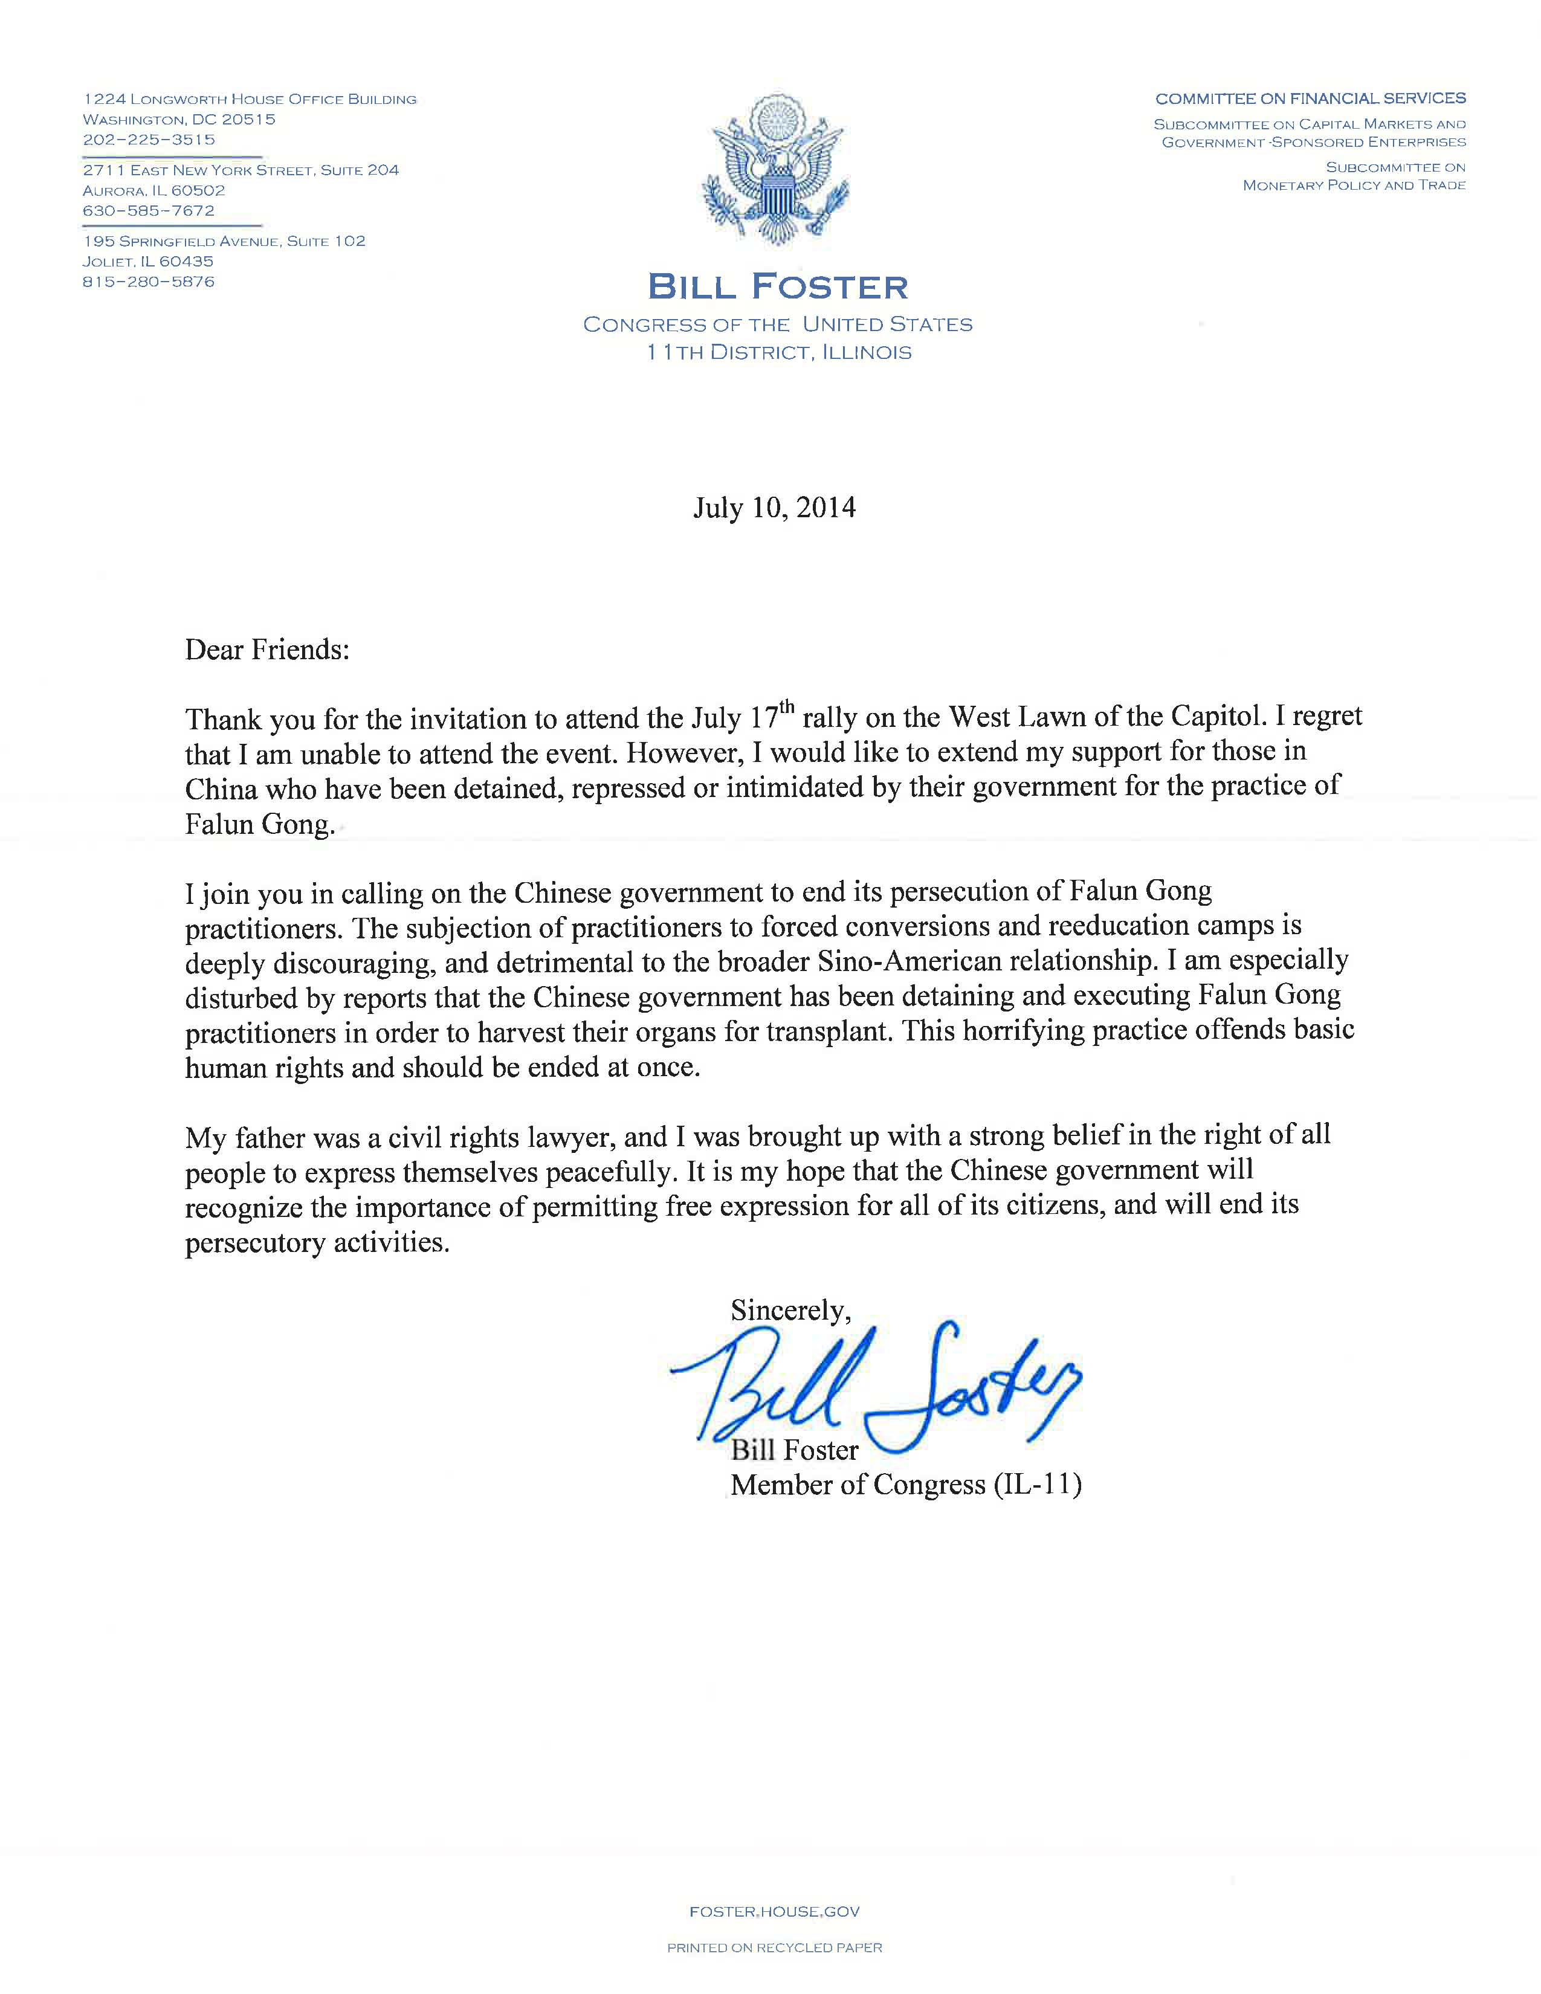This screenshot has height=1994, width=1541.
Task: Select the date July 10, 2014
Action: click(x=774, y=508)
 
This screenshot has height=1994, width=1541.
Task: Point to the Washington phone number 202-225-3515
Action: click(x=149, y=140)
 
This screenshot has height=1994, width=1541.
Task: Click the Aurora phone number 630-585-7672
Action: click(x=149, y=211)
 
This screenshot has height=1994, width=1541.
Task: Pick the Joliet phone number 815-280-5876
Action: click(x=149, y=282)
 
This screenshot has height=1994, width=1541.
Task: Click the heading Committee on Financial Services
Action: click(x=1310, y=98)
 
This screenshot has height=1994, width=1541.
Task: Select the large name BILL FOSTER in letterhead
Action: click(x=778, y=288)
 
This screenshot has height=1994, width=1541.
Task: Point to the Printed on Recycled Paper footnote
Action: click(x=774, y=1947)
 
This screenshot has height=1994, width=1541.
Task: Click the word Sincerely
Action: click(x=790, y=1311)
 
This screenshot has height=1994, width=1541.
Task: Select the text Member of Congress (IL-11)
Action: click(x=906, y=1485)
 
